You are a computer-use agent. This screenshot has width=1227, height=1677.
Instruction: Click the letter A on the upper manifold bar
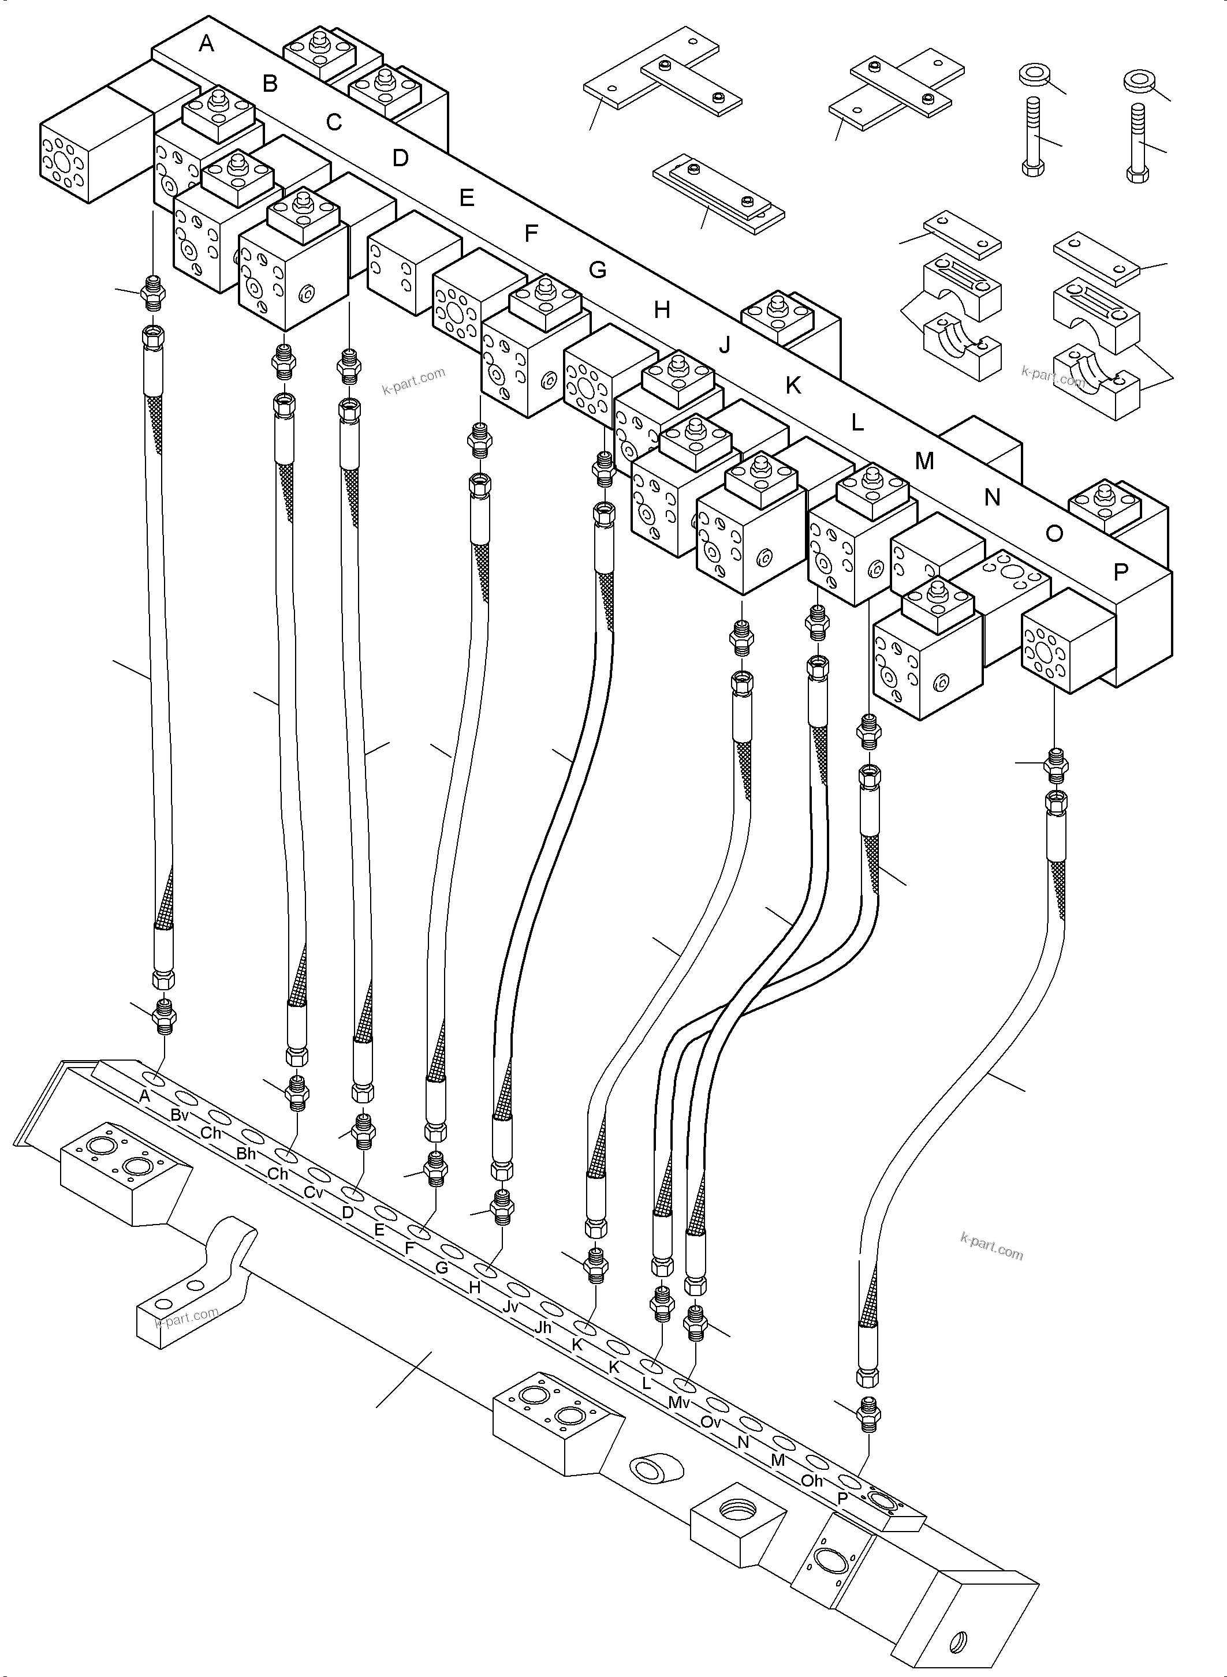tap(207, 44)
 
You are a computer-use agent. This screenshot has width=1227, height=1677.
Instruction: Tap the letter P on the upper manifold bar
tap(1121, 572)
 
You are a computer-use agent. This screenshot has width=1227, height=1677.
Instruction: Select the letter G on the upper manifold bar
tap(598, 269)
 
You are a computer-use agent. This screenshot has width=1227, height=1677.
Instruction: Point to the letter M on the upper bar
tap(924, 461)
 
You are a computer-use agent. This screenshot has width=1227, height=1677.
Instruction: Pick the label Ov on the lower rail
tap(711, 1421)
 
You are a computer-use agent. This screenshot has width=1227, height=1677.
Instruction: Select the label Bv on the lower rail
tap(179, 1115)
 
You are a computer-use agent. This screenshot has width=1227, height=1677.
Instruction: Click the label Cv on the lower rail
tap(314, 1193)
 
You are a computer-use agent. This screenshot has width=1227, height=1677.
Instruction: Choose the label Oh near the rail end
tap(812, 1480)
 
